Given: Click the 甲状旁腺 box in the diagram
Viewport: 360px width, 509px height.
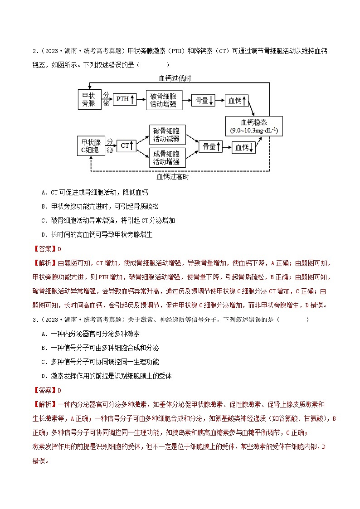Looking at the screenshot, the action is coord(88,100).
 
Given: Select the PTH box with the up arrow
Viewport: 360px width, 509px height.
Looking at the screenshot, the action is coord(123,99).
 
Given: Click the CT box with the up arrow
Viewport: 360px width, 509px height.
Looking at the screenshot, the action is coord(126,145).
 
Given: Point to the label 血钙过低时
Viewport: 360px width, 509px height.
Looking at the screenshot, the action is coord(175,78).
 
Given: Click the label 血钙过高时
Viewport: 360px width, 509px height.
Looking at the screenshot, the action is coord(173,176).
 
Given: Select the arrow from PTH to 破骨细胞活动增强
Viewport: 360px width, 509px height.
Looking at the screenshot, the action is coord(141,99).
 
